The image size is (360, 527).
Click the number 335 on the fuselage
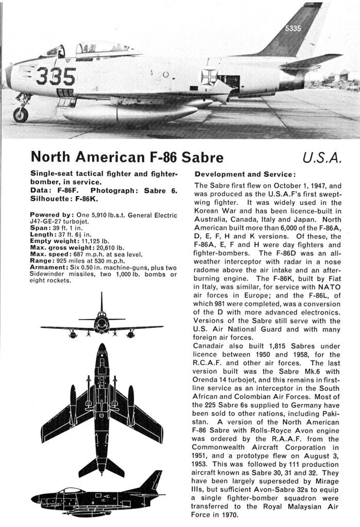tap(56, 76)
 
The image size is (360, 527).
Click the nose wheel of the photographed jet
tap(21, 114)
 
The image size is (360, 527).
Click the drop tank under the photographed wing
tap(129, 113)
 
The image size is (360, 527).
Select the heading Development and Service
tap(245, 174)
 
